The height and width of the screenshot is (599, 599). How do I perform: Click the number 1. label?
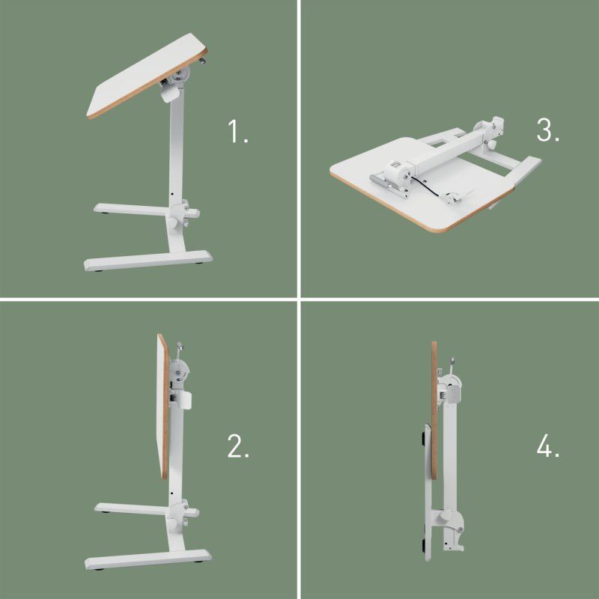click(x=238, y=133)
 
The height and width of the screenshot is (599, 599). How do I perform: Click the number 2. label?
click(x=238, y=447)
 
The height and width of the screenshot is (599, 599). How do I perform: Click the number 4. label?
click(x=548, y=447)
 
